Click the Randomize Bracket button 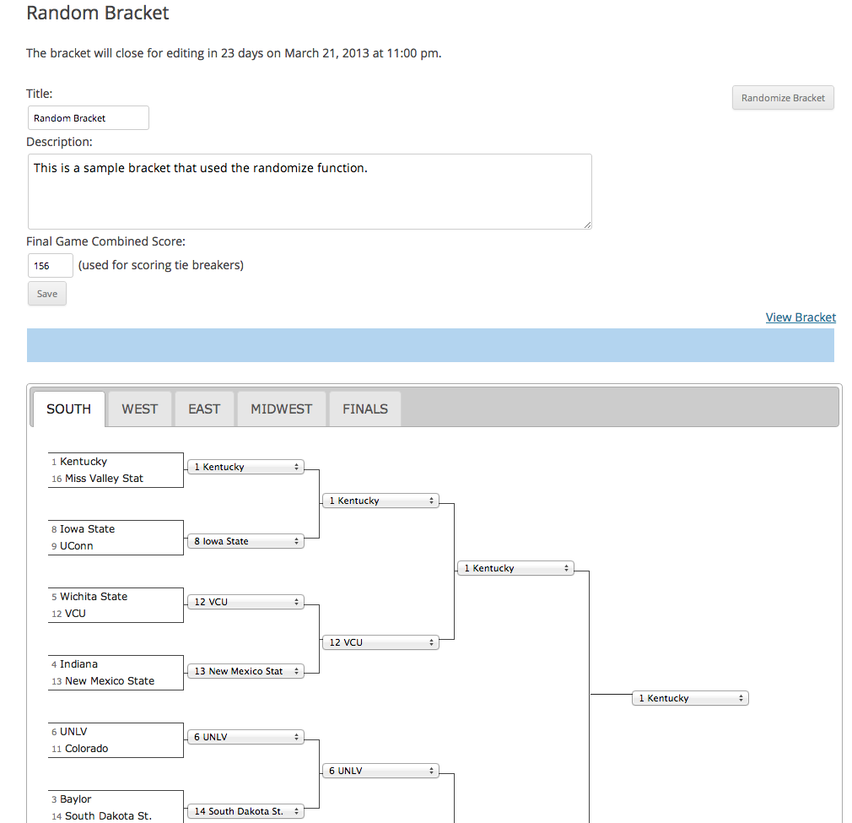click(783, 98)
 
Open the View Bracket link click(801, 317)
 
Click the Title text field click(88, 118)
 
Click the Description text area click(310, 192)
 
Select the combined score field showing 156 click(50, 265)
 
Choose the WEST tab click(140, 409)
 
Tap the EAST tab click(204, 409)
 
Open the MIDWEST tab click(282, 409)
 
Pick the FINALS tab click(365, 409)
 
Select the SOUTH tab click(69, 409)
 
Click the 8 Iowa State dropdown click(245, 541)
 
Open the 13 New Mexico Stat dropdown click(245, 671)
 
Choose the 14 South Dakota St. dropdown click(245, 811)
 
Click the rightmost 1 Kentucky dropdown click(690, 698)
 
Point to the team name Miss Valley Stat click(104, 479)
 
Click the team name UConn click(76, 546)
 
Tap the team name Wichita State click(94, 596)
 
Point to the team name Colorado click(86, 749)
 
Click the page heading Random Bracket click(98, 13)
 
